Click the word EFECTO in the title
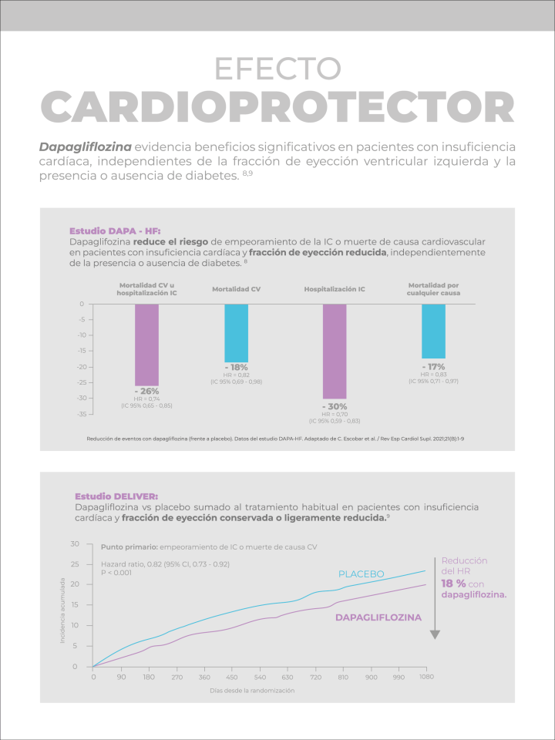(277, 69)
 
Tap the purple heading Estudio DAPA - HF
(115, 230)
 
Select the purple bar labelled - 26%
(146, 345)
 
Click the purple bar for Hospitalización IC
(335, 351)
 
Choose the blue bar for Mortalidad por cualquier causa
(433, 331)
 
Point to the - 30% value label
(335, 406)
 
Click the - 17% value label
(433, 366)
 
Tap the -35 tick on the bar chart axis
(79, 415)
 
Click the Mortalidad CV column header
(236, 289)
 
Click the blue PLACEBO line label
(362, 574)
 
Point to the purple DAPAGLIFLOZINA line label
(378, 617)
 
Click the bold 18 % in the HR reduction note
(454, 584)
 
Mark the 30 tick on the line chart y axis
(75, 544)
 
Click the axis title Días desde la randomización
(252, 691)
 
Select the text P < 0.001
(116, 573)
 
